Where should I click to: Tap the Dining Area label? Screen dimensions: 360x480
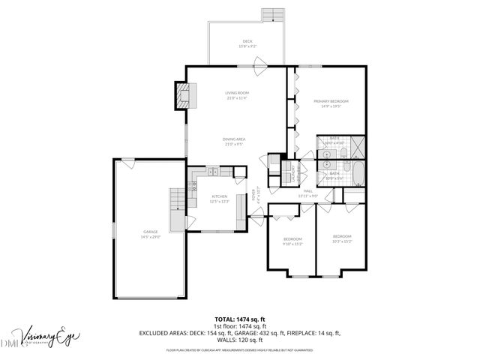point(235,141)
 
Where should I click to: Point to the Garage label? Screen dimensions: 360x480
point(150,233)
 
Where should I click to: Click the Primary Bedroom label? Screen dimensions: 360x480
point(331,103)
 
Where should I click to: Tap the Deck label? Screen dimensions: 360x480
point(247,43)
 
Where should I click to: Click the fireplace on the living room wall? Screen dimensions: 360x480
point(184,95)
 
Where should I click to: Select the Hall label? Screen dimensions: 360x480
point(308,193)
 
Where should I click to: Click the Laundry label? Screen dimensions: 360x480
point(293,175)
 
